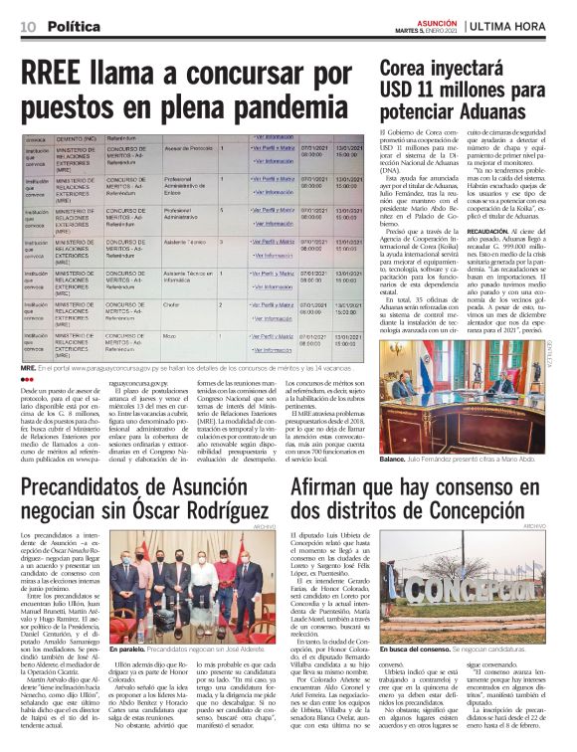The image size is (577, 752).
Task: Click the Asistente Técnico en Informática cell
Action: click(189, 276)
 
